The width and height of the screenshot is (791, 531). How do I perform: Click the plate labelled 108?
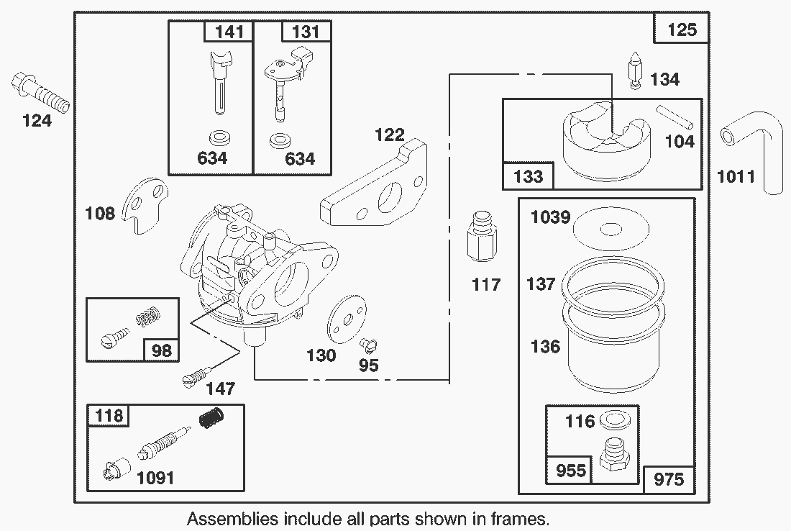(x=147, y=206)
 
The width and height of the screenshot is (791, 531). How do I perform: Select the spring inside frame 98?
(x=147, y=314)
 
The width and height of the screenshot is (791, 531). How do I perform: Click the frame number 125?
(x=682, y=29)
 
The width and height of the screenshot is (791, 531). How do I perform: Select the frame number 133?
(x=529, y=176)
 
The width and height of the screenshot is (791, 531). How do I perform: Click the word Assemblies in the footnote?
(x=234, y=518)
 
